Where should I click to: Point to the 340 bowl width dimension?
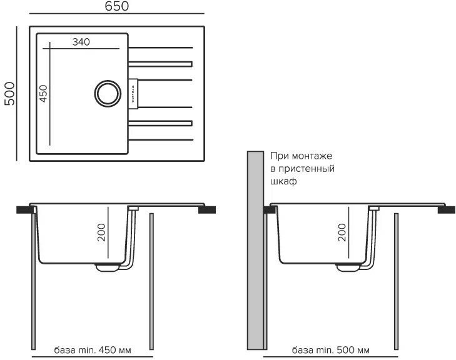tap(81, 42)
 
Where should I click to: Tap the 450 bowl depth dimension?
tap(44, 94)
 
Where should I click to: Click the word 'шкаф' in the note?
tap(282, 182)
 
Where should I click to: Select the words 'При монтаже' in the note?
tap(301, 156)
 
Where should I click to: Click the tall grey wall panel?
tap(255, 250)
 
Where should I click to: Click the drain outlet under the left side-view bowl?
tap(107, 267)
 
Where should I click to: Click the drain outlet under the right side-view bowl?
tap(347, 267)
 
